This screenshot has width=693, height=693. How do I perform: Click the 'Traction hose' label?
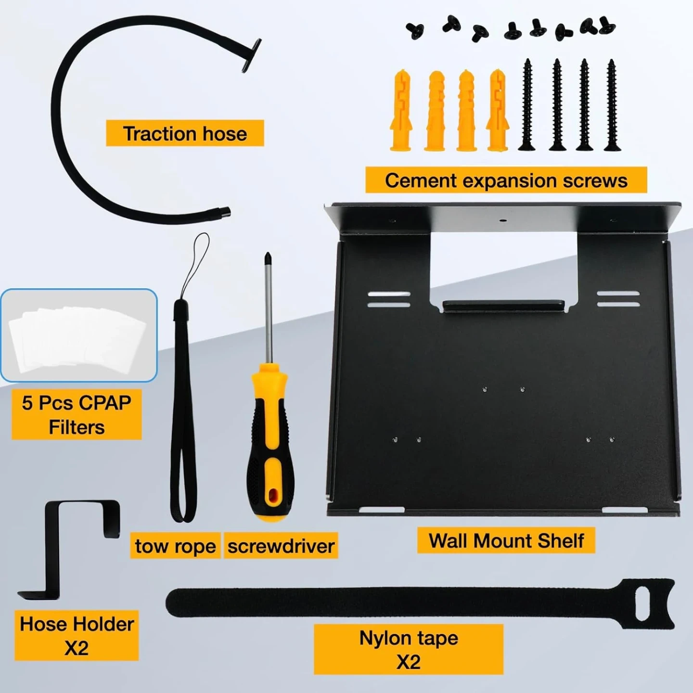coord(185,133)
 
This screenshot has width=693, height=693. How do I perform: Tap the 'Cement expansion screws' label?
coord(506,180)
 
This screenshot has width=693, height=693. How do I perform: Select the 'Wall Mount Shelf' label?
coord(506,540)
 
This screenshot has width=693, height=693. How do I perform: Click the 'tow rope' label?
coord(175,546)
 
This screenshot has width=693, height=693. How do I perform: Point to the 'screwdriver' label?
coord(281,546)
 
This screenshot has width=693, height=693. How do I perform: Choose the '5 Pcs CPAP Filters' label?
coord(77,415)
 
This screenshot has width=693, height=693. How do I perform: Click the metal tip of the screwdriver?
coord(267,257)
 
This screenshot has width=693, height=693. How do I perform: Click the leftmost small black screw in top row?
coord(415,30)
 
